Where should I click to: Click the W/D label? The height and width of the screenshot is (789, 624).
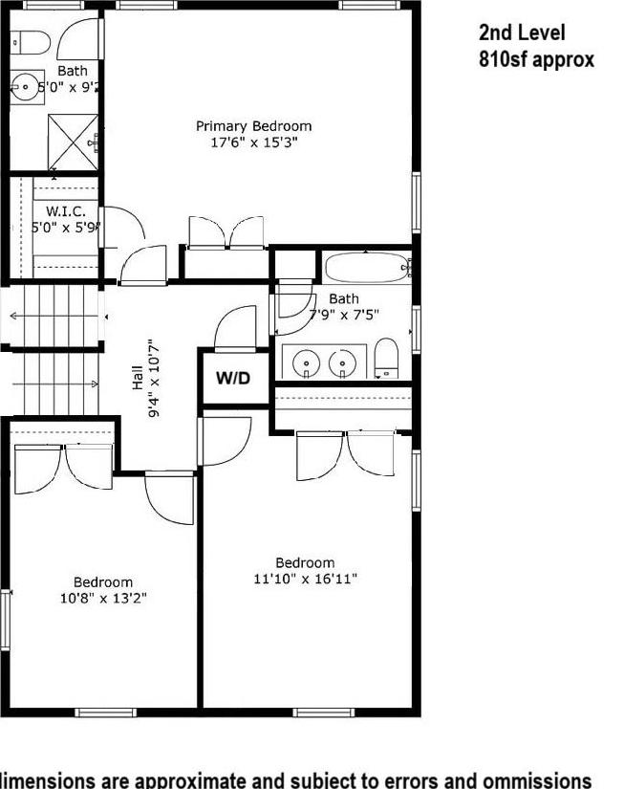tap(232, 379)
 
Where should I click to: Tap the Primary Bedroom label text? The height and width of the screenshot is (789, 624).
tap(253, 126)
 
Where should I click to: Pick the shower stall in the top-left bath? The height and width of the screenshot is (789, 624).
tap(73, 141)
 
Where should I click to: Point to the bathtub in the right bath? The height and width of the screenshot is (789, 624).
tap(366, 267)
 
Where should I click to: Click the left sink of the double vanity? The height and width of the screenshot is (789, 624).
tap(307, 363)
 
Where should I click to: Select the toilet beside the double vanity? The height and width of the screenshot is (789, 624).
tap(386, 358)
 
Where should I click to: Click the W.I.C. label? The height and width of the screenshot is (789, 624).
tap(66, 211)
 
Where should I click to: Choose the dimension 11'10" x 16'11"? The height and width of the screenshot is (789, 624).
tap(305, 579)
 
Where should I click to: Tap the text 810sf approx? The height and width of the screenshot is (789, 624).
tap(536, 59)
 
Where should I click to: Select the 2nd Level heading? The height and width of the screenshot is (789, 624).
tap(522, 33)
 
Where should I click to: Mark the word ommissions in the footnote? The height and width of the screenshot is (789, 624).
tap(535, 779)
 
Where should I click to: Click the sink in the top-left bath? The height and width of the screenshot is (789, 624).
tap(26, 85)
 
